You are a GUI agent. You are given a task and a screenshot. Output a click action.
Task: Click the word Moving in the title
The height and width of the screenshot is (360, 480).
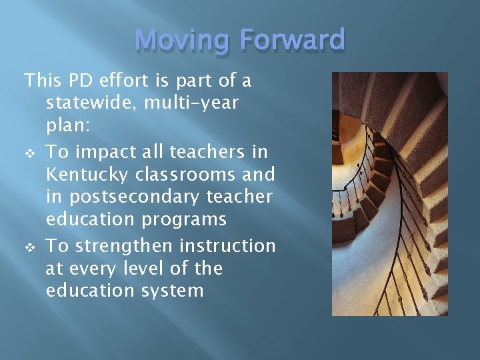[x=180, y=41]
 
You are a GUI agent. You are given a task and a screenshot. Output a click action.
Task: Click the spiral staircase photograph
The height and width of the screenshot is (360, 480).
[x=389, y=193]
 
